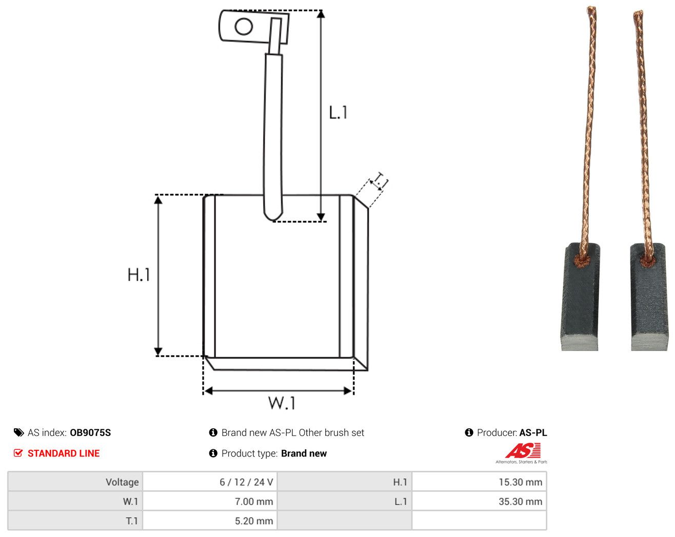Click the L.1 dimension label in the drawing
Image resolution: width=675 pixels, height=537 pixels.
(338, 112)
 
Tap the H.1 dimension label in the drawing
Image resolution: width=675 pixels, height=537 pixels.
(138, 275)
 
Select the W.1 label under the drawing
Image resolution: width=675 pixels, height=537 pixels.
(282, 403)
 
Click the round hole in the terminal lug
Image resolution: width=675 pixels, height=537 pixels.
(244, 26)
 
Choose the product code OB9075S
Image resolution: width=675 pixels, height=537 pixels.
(90, 432)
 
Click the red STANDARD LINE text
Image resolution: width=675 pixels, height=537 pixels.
(64, 453)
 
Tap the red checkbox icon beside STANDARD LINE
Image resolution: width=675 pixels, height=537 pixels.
(18, 453)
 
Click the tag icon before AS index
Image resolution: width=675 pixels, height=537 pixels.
(18, 432)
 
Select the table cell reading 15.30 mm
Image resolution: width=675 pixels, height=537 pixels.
(479, 482)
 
